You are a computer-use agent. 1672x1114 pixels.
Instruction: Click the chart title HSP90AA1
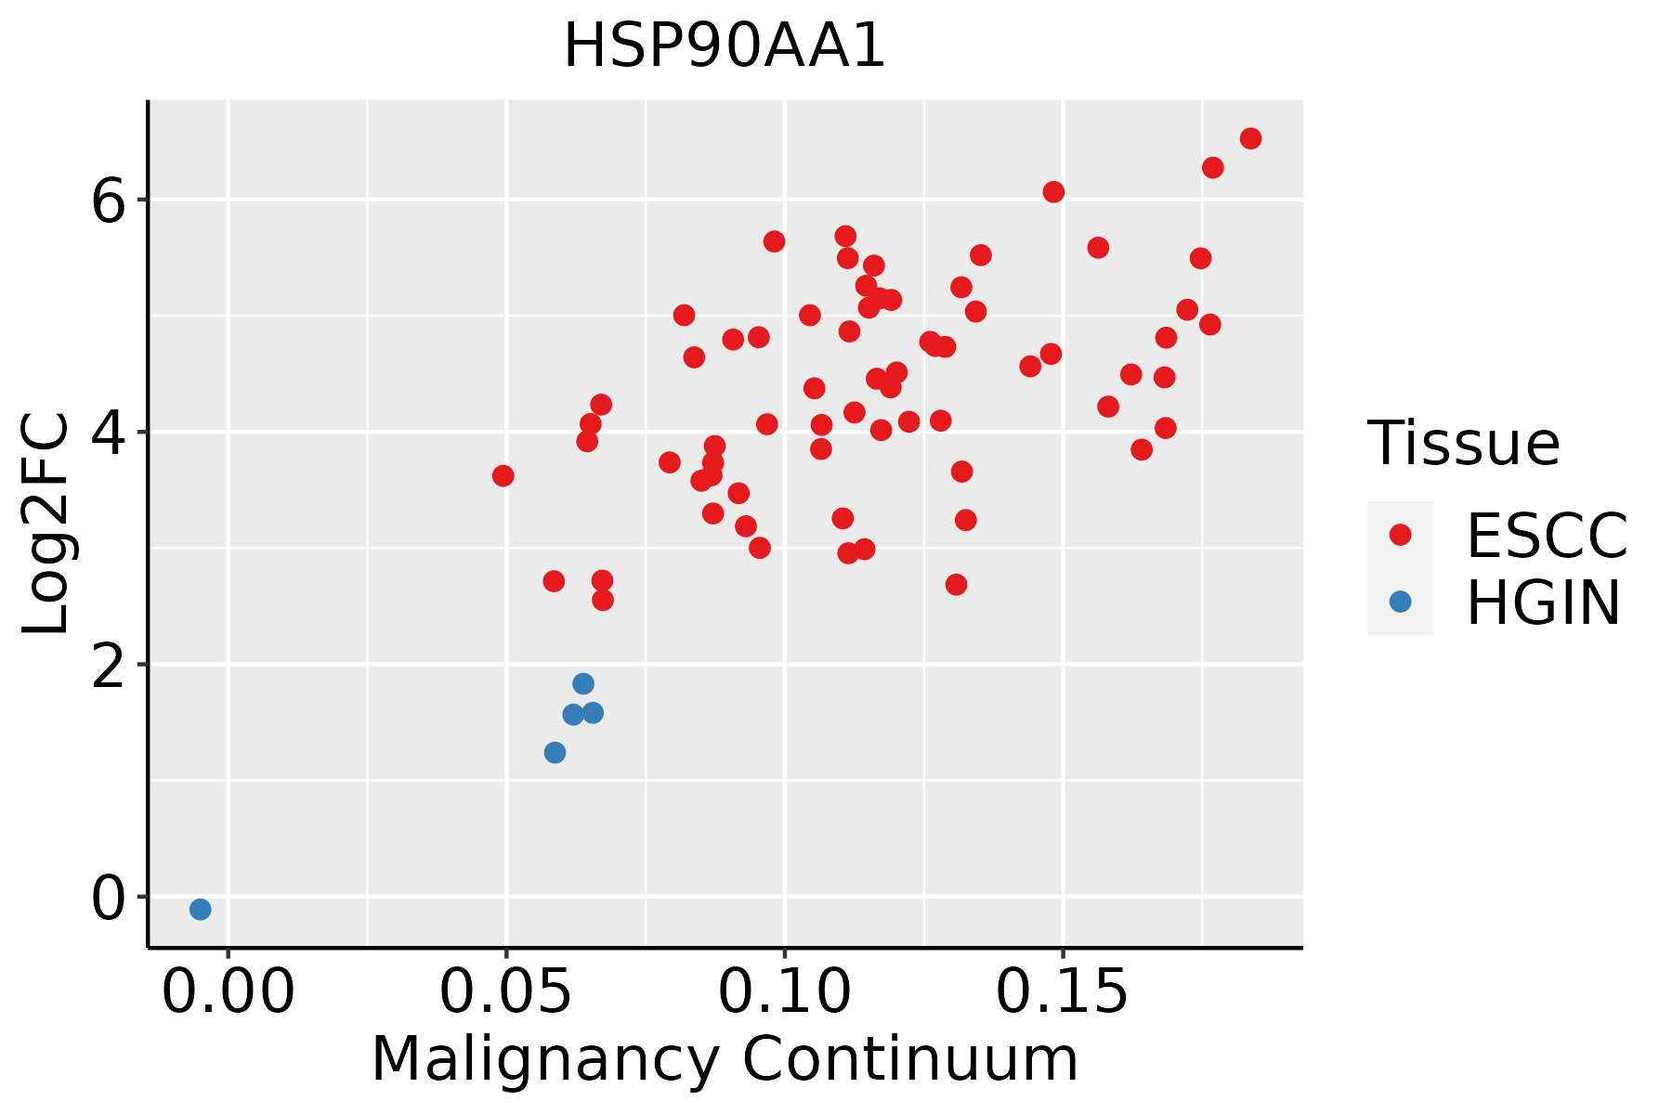tap(725, 46)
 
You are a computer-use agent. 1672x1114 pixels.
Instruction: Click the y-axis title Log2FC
tap(46, 524)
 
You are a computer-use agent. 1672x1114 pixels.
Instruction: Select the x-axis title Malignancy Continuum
tap(725, 1059)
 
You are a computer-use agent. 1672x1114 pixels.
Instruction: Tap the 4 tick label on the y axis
tap(108, 433)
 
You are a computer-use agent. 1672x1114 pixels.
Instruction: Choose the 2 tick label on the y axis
tap(108, 665)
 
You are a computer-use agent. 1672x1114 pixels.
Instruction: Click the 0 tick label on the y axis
tap(108, 898)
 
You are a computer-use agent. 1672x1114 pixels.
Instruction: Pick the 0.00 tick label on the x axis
tap(229, 991)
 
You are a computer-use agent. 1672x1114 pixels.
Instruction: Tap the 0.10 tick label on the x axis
tap(785, 991)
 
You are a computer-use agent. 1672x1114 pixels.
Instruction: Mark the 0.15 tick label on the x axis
tap(1063, 991)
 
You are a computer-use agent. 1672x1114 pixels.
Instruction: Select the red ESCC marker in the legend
tap(1400, 535)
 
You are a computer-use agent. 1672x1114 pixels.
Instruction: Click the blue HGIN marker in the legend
tap(1400, 602)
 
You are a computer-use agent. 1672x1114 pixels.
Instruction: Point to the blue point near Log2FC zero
tap(201, 909)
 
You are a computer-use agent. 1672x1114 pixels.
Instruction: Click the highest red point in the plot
tap(1250, 138)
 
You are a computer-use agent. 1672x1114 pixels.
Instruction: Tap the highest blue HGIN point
tap(583, 684)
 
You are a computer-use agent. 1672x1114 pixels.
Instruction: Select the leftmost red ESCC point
tap(503, 476)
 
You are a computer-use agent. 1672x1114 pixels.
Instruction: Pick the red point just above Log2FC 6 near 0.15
tap(1053, 192)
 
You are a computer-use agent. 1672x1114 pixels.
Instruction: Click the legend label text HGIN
tap(1544, 602)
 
